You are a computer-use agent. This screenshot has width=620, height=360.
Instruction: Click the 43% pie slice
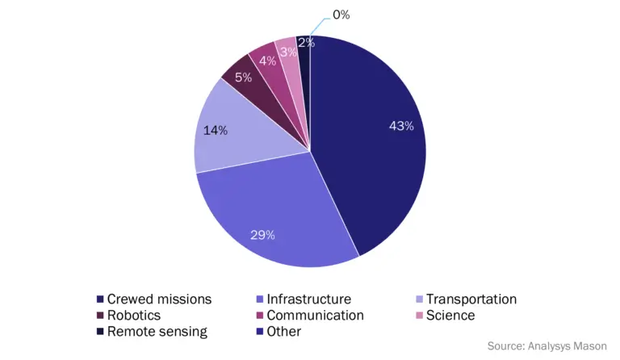point(379,145)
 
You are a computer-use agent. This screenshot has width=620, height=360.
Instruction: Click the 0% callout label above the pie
point(340,15)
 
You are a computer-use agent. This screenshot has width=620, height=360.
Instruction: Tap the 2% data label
point(305,43)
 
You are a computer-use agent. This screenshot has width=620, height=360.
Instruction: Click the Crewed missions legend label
point(159,299)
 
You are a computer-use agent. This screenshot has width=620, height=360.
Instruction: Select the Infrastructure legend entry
point(308,299)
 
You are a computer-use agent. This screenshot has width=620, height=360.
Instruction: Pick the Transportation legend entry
point(471,299)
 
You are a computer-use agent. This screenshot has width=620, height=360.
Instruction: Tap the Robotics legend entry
point(133,316)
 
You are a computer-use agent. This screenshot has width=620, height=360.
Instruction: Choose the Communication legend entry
point(315,316)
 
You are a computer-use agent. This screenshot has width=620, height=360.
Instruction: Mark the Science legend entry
point(450,316)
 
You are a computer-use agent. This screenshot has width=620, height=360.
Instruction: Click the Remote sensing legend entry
point(157,332)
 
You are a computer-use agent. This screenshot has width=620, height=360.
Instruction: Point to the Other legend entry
point(283,332)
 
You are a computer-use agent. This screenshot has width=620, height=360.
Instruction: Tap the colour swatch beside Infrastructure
point(259,299)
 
